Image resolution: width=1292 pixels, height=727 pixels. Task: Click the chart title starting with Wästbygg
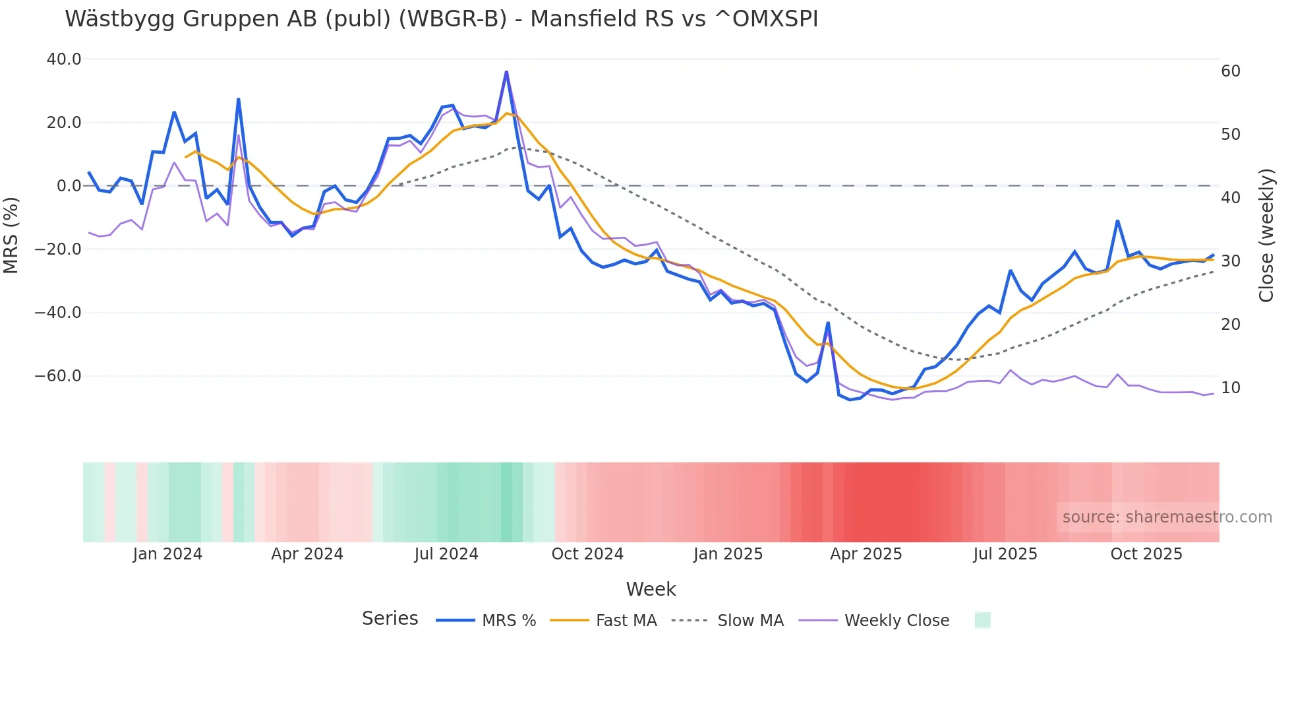pos(441,19)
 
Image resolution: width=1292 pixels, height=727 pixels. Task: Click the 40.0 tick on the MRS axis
pos(64,59)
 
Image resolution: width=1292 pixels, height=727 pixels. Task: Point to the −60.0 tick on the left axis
pos(58,376)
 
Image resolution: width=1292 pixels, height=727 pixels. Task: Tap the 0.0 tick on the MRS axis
pos(69,186)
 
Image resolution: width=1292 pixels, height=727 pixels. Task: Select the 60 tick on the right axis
pos(1231,71)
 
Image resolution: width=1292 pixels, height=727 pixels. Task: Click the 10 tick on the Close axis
pos(1231,388)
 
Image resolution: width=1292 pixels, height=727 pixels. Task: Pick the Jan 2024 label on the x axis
pos(167,554)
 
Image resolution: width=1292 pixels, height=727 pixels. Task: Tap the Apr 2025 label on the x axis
pos(866,554)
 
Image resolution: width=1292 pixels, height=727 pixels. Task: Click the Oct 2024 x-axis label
pos(587,554)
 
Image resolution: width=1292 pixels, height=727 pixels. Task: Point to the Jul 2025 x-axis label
pos(1005,554)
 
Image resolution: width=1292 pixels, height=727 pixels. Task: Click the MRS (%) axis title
pos(11,235)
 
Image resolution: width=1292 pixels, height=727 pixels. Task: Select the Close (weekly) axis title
pos(1266,236)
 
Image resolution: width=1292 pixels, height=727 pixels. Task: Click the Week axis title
pos(651,589)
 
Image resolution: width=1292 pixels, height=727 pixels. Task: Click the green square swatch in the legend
pos(982,620)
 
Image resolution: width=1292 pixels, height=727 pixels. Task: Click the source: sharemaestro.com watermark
pos(1167,517)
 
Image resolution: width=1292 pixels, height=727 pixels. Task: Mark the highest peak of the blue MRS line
pos(506,71)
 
